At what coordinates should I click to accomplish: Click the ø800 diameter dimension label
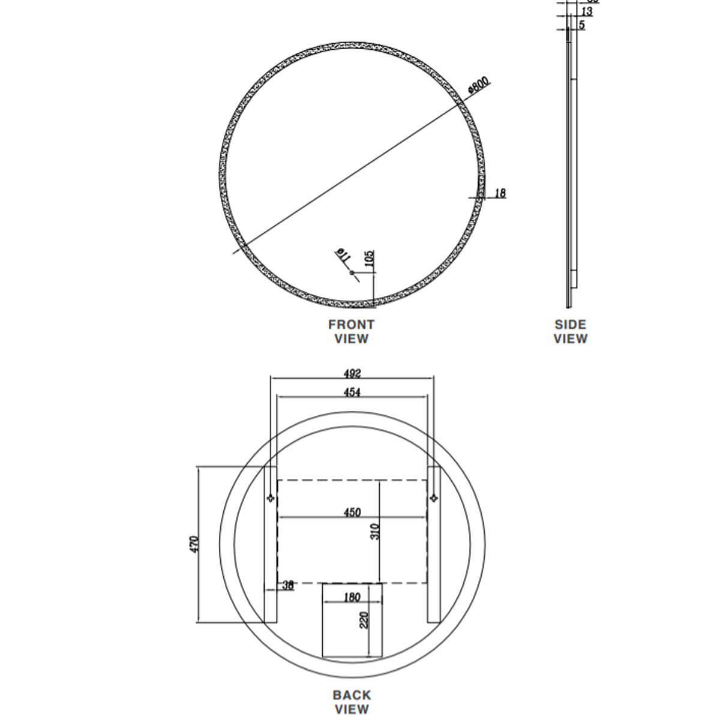point(479,85)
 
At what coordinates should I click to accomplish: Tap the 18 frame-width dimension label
point(500,193)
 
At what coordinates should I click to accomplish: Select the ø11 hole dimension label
point(343,255)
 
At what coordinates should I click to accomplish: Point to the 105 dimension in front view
point(370,259)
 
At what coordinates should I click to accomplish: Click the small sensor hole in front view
point(352,273)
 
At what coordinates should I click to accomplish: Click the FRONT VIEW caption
point(351,331)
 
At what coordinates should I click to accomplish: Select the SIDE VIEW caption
point(570,331)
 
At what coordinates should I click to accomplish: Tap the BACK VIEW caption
point(352,702)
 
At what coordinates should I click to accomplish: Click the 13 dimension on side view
point(587,11)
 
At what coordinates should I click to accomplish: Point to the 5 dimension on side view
point(582,25)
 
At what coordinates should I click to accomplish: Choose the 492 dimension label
point(352,373)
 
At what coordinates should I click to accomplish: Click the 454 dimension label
point(352,392)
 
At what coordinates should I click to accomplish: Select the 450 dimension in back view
point(352,512)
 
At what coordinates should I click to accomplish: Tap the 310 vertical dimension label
point(375,531)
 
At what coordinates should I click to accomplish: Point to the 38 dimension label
point(288,585)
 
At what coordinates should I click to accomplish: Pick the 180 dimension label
point(352,597)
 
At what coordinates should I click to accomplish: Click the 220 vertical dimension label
point(364,620)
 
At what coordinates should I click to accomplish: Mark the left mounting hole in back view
point(271,497)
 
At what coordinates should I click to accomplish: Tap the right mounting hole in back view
point(433,497)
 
